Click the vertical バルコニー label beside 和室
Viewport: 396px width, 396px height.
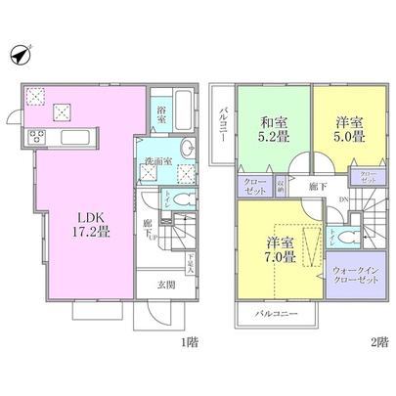click(x=224, y=123)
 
